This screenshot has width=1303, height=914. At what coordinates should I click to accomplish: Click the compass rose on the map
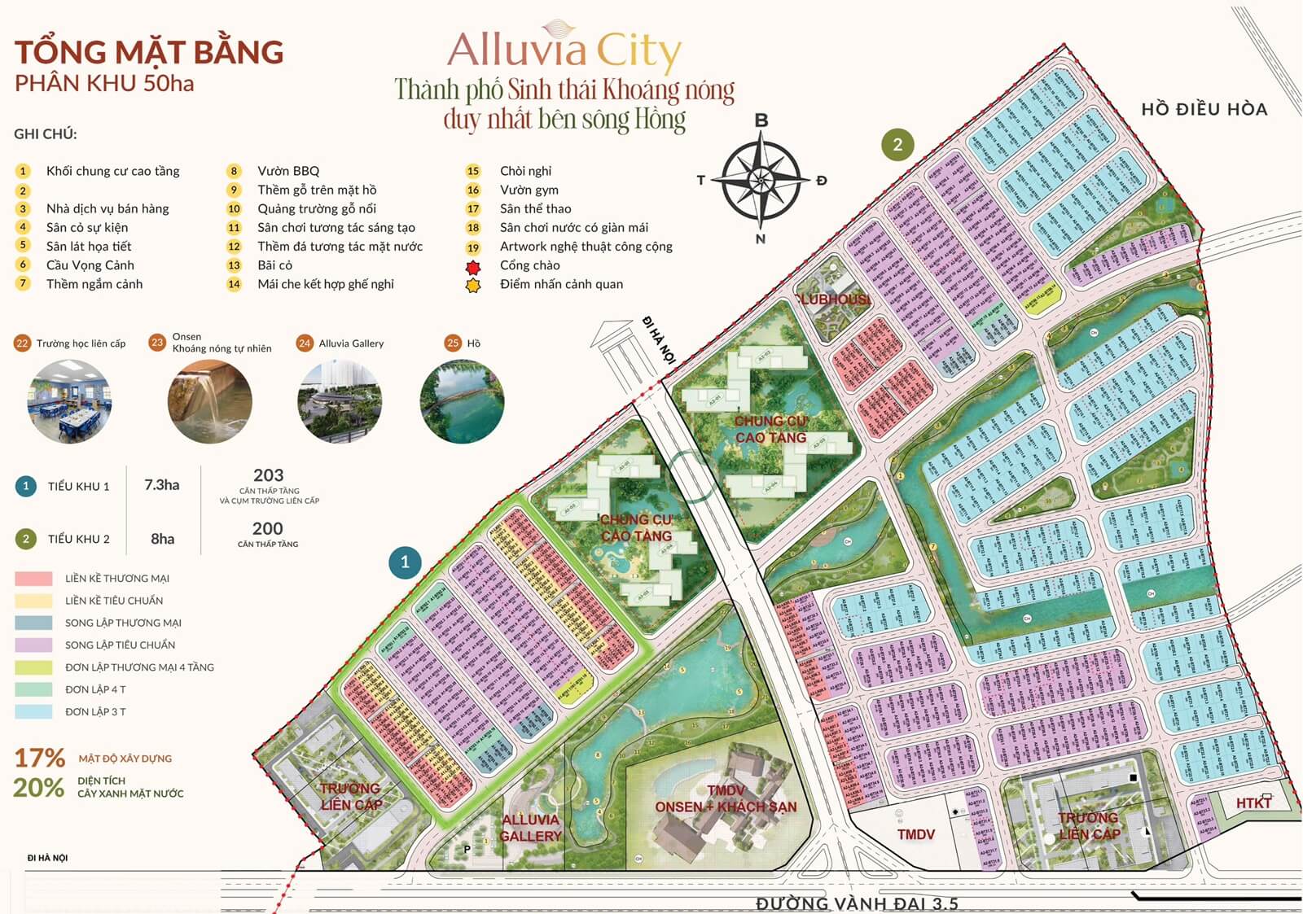761,181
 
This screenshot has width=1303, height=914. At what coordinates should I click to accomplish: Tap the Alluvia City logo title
564,50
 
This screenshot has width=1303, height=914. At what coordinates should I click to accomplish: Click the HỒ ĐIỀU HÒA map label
1204,109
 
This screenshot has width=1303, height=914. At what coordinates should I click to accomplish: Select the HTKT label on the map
1253,803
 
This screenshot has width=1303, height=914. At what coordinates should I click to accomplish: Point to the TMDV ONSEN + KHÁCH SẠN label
726,799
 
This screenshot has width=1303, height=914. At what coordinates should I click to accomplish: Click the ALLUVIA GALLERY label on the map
530,828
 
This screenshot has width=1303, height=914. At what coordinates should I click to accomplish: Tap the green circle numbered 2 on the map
897,145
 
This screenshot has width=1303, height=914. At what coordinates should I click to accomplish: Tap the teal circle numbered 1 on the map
405,562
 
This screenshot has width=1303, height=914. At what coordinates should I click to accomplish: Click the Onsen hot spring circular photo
209,402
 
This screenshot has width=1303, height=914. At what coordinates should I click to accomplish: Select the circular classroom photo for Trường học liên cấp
69,402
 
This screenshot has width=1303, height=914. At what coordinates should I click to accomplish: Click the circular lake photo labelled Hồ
462,402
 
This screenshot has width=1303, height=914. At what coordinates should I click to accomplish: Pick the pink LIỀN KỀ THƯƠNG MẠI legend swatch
33,579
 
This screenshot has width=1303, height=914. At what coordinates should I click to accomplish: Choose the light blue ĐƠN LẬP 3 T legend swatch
33,711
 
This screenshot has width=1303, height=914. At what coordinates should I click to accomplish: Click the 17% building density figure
39,758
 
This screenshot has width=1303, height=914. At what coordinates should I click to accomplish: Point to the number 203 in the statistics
268,475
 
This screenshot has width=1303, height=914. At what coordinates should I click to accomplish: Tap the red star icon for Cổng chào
473,265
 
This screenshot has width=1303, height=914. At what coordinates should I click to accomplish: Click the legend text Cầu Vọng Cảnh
90,265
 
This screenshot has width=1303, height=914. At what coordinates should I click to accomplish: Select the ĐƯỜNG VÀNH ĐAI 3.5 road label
856,903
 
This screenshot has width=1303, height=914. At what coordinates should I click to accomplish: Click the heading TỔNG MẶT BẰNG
149,52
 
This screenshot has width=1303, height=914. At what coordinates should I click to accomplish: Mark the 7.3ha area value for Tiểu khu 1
161,485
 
